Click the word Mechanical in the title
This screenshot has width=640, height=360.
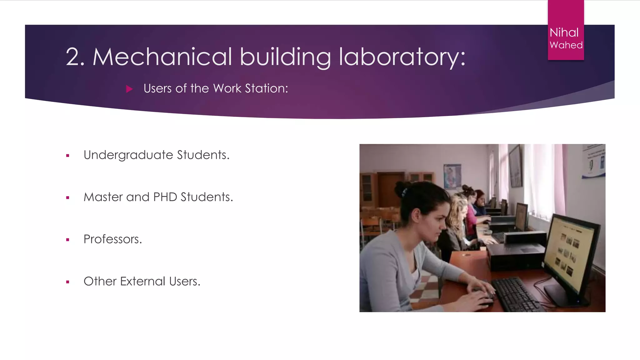162,57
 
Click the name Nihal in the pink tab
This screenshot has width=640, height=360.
564,32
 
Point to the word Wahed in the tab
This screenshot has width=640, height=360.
566,45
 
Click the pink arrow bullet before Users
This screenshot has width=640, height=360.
129,89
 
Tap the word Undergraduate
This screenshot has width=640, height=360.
128,155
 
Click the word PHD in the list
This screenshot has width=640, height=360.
165,197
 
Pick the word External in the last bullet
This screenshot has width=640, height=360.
142,282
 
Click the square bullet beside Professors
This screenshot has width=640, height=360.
67,240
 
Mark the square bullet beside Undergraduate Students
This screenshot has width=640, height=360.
67,156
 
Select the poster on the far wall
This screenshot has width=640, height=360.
452,176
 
